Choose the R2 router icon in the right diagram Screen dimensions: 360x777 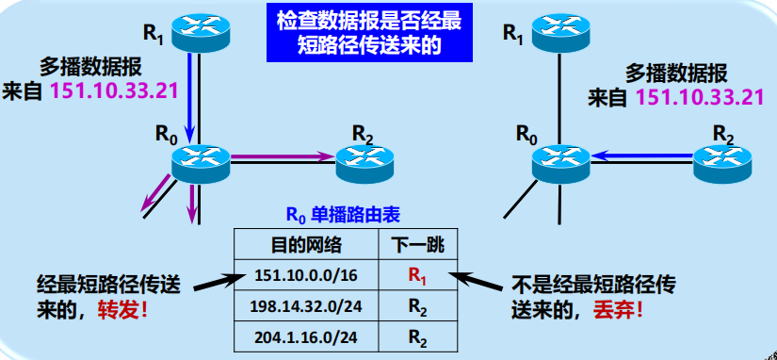pyautogui.click(x=722, y=161)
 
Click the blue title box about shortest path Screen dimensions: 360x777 pyautogui.click(x=373, y=33)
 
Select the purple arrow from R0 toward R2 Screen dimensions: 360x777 pyautogui.click(x=283, y=156)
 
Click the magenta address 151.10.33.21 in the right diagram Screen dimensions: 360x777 pyautogui.click(x=698, y=96)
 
